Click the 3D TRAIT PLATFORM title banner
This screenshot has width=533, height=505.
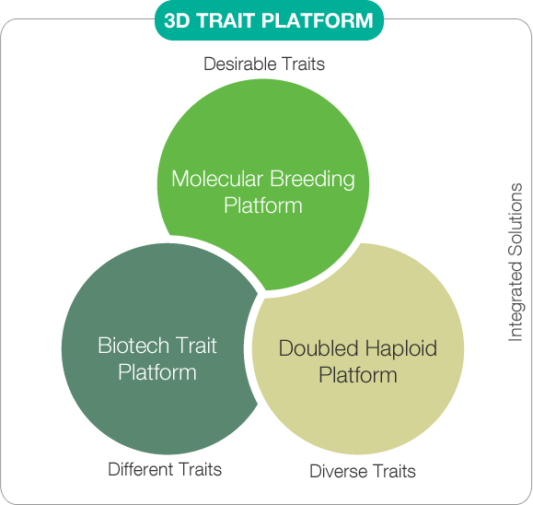point(269,20)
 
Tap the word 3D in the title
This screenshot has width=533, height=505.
point(177,20)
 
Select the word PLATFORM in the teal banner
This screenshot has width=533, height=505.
point(318,20)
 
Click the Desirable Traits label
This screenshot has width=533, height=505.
point(264,64)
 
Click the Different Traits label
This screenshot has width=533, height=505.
point(165,469)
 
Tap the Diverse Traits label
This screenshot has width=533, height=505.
point(363,471)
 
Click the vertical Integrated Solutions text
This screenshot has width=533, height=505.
point(516,262)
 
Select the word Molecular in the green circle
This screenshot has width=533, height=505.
point(217,179)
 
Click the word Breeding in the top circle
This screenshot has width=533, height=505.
point(312,180)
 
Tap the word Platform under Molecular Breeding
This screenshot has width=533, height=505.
point(263,206)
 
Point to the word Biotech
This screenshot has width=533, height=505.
point(133,346)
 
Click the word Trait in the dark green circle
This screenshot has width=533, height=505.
point(197,346)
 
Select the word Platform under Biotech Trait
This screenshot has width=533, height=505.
point(157,372)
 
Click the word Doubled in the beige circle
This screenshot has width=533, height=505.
point(319,348)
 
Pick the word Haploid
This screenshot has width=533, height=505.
point(401,349)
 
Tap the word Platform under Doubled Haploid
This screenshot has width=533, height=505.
point(358,375)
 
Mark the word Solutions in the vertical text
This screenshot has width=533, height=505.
point(516,219)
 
